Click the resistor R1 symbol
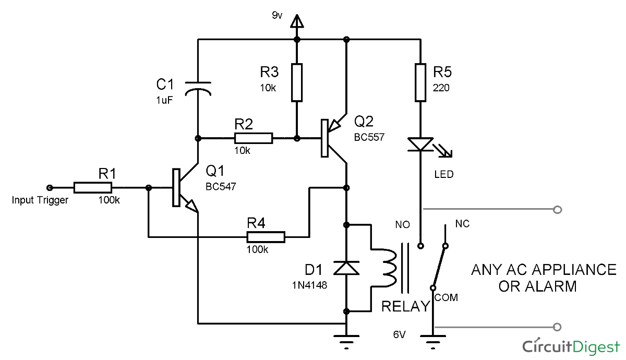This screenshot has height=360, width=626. pyautogui.click(x=92, y=187)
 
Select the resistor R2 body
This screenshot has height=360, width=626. pyautogui.click(x=253, y=138)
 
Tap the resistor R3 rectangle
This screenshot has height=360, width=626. pyautogui.click(x=297, y=82)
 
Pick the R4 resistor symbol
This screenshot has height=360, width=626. pyautogui.click(x=266, y=237)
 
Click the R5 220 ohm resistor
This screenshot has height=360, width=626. pyautogui.click(x=420, y=82)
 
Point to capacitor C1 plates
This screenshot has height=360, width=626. pyautogui.click(x=198, y=87)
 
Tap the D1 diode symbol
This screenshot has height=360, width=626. pyautogui.click(x=346, y=268)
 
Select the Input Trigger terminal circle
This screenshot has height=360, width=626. pyautogui.click(x=50, y=187)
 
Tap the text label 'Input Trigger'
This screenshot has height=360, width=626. pyautogui.click(x=40, y=200)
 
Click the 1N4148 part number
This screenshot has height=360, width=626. pyautogui.click(x=310, y=285)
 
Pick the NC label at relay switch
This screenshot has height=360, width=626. pyautogui.click(x=462, y=224)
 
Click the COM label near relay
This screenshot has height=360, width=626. pyautogui.click(x=446, y=297)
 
